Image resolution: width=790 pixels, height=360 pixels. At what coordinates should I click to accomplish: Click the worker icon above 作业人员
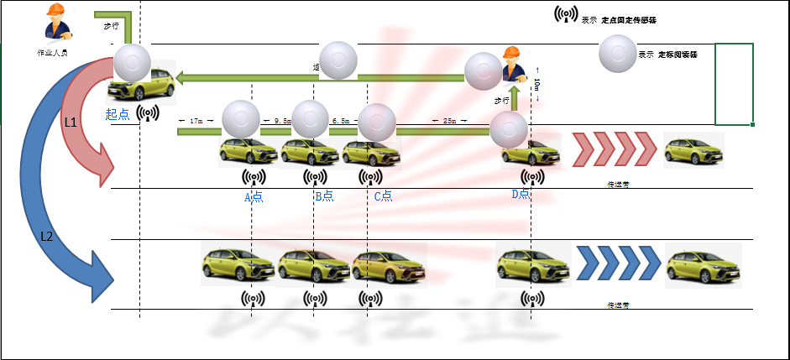coord(55,23)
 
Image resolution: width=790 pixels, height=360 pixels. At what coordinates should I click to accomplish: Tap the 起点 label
coord(118,114)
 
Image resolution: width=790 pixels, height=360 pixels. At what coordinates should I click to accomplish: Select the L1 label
coord(71,123)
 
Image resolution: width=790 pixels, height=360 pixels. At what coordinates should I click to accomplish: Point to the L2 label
coord(47,236)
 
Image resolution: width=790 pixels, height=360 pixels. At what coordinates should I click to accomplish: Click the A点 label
coord(253,196)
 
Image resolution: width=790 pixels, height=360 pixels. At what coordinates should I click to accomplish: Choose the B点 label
coord(324,196)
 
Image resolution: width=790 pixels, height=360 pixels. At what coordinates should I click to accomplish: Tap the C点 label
coord(383,196)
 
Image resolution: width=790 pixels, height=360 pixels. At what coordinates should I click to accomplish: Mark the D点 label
coord(521,195)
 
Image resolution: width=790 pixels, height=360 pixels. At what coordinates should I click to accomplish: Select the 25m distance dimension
coord(450,121)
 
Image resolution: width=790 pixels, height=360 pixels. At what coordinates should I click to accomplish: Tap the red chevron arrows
coord(614,149)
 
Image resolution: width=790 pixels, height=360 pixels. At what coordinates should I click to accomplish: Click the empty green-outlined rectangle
coord(733,84)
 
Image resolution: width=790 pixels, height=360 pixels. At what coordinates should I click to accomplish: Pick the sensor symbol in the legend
coord(566,15)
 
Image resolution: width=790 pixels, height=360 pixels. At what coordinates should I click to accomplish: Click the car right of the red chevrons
coord(693,149)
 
